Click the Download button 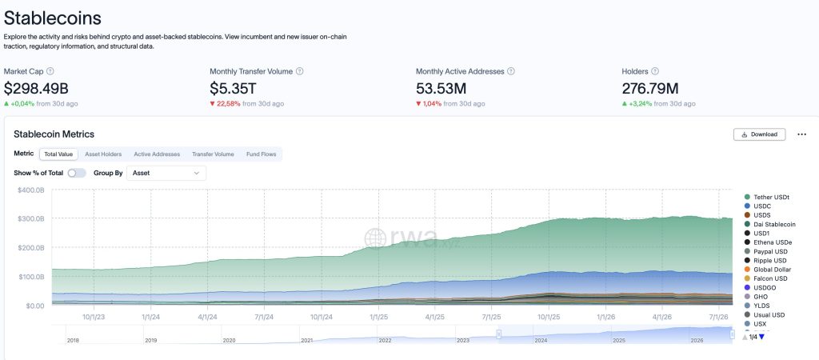[x=759, y=134]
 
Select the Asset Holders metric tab [x=103, y=154]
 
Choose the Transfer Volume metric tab [x=213, y=154]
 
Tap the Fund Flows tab [x=262, y=154]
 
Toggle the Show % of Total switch [x=77, y=173]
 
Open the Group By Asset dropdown [x=166, y=173]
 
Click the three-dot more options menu [x=801, y=134]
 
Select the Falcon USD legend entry [x=767, y=278]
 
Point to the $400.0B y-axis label [x=31, y=190]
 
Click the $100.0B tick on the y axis [x=31, y=277]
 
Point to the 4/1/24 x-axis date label [x=207, y=317]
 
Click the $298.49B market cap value [x=36, y=88]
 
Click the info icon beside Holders [x=655, y=71]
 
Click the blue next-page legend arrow [x=761, y=337]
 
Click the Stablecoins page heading [x=52, y=18]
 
